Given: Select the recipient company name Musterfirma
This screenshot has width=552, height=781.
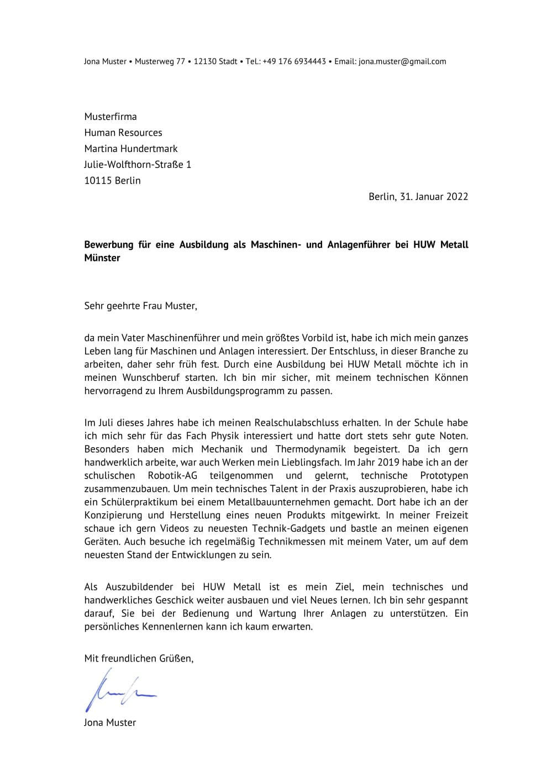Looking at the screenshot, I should click(110, 117).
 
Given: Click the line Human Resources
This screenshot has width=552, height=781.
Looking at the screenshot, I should click(123, 133).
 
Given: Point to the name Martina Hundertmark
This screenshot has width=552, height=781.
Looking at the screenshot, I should click(130, 149).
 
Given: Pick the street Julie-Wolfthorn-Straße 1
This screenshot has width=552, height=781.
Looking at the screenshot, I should click(137, 164).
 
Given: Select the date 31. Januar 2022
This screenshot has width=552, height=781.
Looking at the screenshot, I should click(433, 196).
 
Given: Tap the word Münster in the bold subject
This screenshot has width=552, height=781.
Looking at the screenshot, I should click(102, 258).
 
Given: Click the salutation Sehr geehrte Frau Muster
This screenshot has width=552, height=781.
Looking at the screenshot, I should click(140, 305).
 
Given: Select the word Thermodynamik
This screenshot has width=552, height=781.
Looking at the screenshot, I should click(317, 449).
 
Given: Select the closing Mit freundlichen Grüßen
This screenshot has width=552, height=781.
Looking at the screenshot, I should click(138, 658).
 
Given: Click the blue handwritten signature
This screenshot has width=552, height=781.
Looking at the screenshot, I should click(119, 690).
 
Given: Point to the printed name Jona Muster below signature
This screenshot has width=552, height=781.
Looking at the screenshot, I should click(109, 722).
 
